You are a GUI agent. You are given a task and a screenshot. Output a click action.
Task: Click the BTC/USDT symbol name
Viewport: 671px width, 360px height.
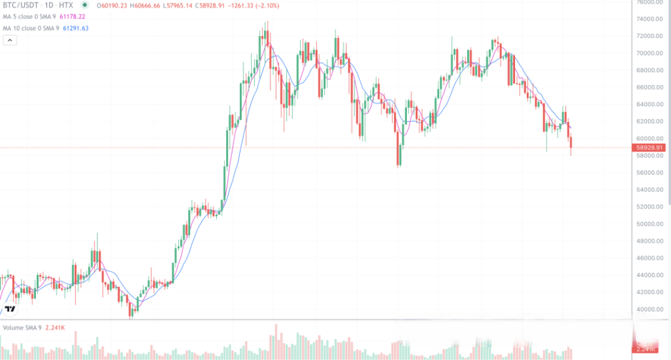tap(19, 6)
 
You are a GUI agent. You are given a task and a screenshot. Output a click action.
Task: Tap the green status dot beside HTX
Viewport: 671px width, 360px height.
tap(85, 6)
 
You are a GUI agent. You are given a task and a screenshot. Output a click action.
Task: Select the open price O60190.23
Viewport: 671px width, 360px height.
tap(111, 6)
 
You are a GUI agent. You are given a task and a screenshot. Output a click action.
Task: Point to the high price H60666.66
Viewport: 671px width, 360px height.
tap(148, 6)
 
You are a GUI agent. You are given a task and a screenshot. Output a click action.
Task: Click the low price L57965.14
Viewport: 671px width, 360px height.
tap(183, 6)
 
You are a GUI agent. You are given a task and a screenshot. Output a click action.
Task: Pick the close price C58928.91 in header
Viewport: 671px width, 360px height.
tap(219, 6)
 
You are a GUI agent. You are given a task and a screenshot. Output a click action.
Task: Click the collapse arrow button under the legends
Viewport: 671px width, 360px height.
tap(10, 40)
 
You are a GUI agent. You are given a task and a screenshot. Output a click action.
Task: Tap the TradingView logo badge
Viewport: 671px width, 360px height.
tap(10, 308)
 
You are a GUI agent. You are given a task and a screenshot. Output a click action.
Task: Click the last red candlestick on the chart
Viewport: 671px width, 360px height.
tap(572, 142)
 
